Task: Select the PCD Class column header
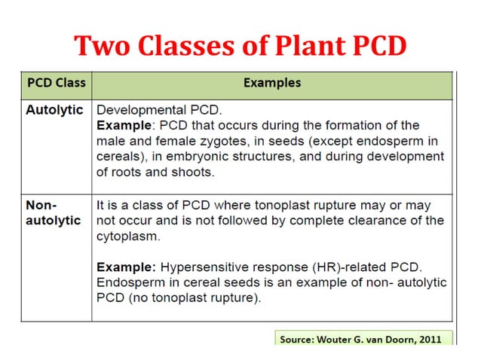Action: tap(56, 83)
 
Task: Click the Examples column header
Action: tap(272, 83)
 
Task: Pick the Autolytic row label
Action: tap(54, 109)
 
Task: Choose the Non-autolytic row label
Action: tap(54, 213)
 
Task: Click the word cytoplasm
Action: tap(127, 236)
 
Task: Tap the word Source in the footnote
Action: tap(298, 340)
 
